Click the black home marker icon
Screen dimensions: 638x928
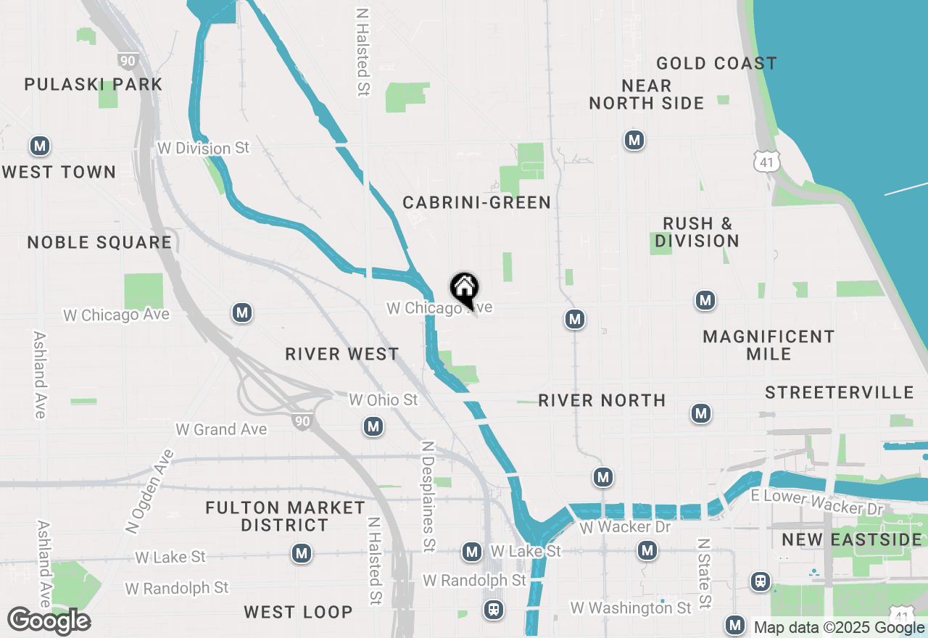[x=464, y=289]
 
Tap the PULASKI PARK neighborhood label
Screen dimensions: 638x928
[x=94, y=85]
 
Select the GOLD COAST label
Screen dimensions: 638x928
[x=716, y=64]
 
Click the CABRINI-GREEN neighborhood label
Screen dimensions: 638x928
[x=477, y=202]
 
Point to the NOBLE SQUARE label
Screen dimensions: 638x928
[x=100, y=242]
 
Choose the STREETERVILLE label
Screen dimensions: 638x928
[x=840, y=393]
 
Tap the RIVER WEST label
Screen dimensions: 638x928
[x=342, y=354]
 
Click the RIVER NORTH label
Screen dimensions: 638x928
[x=602, y=400]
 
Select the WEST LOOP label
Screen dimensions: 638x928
[x=298, y=612]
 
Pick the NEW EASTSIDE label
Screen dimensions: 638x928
[x=852, y=539]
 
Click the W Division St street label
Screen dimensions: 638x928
[x=204, y=148]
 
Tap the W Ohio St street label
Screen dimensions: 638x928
[x=384, y=400]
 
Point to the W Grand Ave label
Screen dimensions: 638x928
[x=221, y=430]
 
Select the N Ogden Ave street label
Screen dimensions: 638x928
[x=150, y=492]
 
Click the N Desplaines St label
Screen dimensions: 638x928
[x=428, y=496]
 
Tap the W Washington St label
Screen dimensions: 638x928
[x=631, y=608]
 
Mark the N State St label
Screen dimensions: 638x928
[x=703, y=573]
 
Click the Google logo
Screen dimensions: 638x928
[x=49, y=621]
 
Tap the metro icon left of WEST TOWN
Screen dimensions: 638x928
[x=40, y=146]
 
